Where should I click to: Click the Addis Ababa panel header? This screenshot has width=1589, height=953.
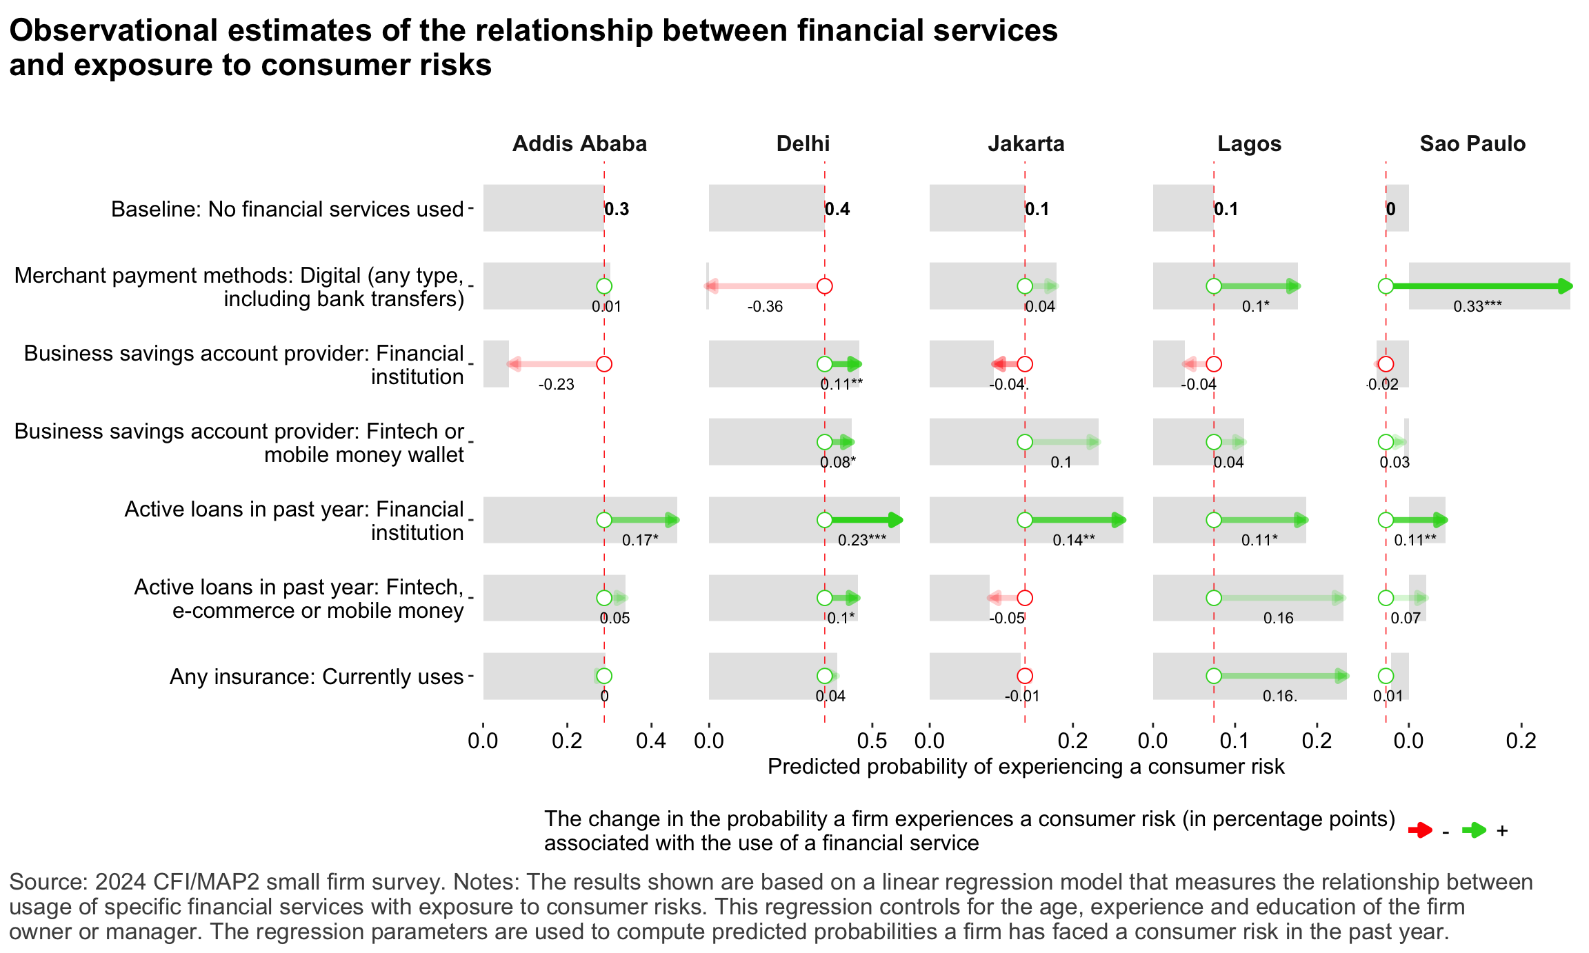coord(579,143)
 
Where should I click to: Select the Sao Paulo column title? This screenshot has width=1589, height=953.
coord(1472,143)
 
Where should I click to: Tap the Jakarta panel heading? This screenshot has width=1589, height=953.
coord(1026,143)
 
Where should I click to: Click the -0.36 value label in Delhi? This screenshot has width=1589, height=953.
coord(765,307)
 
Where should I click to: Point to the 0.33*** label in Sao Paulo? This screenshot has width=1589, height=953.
coord(1477,307)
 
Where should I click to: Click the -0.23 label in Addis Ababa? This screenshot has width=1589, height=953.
coord(556,385)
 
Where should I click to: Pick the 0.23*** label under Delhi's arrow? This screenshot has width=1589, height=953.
coord(861,541)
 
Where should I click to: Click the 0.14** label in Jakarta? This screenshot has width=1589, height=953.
coord(1073,541)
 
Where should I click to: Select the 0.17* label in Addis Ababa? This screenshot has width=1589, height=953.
coord(639,541)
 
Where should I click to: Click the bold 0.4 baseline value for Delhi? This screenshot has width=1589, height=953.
coord(838,209)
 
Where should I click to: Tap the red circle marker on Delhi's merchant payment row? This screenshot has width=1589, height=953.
coord(824,286)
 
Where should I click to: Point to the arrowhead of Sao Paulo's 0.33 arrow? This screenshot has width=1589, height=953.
coord(1566,286)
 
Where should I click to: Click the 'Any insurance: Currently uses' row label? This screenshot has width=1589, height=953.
coord(317,676)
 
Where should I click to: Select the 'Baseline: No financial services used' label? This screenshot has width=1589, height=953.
coord(287,209)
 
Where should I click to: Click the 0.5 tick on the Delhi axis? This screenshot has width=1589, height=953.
coord(872,742)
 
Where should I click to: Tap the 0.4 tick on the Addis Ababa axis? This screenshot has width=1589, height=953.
coord(651,742)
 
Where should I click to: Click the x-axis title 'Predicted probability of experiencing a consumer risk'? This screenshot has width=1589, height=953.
coord(1026,767)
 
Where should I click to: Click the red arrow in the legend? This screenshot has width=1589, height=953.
coord(1420,830)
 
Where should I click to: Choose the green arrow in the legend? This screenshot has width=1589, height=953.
coord(1474,830)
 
